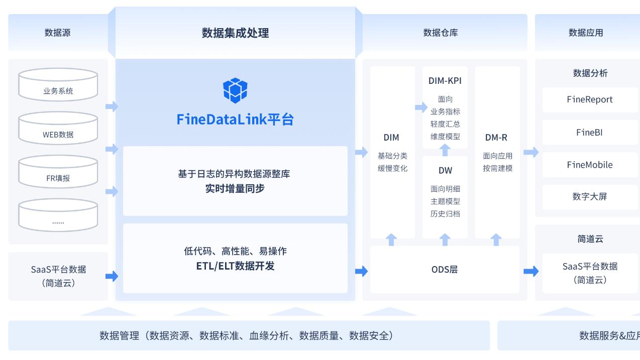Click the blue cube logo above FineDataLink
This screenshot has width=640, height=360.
(x=235, y=90)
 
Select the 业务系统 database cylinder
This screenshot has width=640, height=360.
(x=58, y=85)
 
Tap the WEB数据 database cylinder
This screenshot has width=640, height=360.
(x=58, y=129)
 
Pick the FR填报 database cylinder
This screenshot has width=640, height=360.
(x=58, y=172)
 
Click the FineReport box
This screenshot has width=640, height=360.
(x=589, y=99)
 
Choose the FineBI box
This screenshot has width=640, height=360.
(x=589, y=133)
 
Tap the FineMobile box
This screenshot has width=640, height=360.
(x=589, y=165)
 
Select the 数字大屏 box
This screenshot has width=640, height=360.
(x=589, y=197)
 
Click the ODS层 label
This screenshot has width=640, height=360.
(x=445, y=270)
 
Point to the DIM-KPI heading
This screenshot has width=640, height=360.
(x=445, y=81)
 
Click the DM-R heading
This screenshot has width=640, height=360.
(x=496, y=138)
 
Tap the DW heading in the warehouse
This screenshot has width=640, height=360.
(x=445, y=171)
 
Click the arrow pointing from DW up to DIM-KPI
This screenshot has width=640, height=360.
(x=445, y=150)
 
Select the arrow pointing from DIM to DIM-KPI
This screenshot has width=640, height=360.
(x=420, y=107)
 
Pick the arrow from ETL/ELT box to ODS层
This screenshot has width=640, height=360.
(x=361, y=271)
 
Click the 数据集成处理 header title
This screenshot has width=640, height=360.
(x=235, y=33)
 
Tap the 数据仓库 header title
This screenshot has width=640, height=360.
(x=441, y=33)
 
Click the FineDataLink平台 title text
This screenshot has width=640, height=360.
(x=235, y=119)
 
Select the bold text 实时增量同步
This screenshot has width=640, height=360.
(x=235, y=189)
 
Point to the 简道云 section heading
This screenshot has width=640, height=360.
(x=590, y=239)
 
